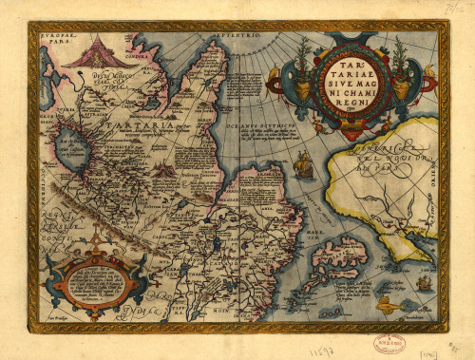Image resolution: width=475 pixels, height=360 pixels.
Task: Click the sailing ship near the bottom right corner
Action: click(x=417, y=281)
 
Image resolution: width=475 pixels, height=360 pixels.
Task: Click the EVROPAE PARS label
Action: click(x=58, y=41)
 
